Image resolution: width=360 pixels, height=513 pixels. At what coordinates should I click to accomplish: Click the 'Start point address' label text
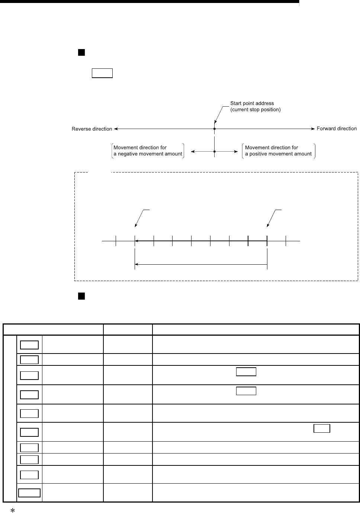point(252,103)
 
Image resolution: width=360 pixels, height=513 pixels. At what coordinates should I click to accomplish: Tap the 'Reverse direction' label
point(91,129)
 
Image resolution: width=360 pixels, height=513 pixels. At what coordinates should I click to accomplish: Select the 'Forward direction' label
point(336,129)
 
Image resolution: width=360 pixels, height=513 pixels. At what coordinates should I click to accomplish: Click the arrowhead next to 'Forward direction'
point(313,129)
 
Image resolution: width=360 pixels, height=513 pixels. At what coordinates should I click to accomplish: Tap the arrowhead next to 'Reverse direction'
point(116,129)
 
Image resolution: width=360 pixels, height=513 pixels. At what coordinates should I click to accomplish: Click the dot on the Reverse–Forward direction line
point(214,129)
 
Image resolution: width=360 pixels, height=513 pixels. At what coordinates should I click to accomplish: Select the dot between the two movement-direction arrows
point(214,151)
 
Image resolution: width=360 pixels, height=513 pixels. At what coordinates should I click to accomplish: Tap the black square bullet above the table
point(81,296)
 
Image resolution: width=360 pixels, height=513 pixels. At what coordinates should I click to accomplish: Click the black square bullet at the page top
point(81,52)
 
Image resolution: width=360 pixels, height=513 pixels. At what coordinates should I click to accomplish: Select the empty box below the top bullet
point(102,73)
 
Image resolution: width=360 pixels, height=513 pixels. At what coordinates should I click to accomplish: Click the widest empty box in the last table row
point(29,493)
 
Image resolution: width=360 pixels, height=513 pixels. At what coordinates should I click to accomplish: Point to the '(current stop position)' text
point(255,110)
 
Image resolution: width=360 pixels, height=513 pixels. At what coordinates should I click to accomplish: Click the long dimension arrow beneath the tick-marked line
point(201,264)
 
